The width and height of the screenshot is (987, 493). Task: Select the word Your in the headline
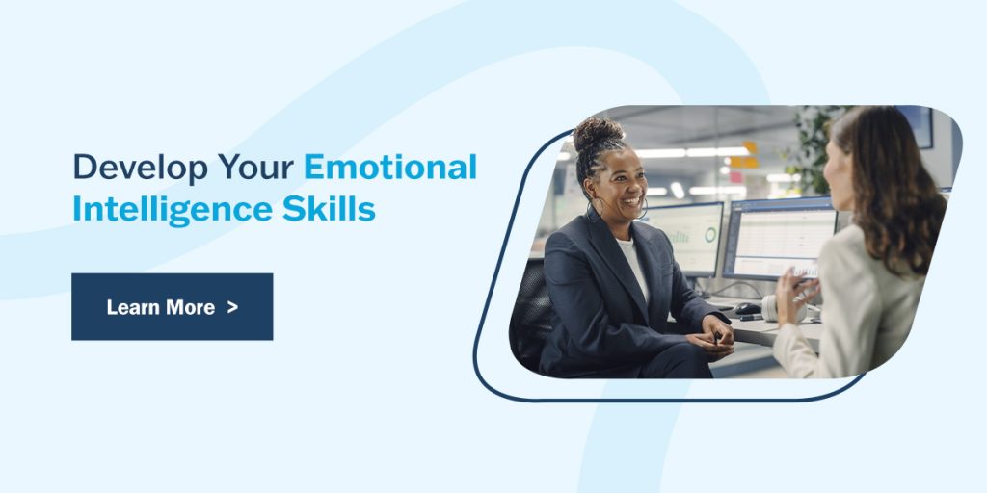click(254, 168)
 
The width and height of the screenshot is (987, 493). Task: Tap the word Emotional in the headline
click(390, 168)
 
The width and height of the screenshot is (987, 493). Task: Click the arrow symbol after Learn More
click(232, 307)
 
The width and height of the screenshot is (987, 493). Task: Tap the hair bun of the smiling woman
click(598, 133)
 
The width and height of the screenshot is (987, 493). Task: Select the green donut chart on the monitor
click(710, 235)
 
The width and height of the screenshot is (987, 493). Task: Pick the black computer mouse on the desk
click(747, 309)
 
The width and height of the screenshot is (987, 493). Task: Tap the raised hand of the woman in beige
click(795, 290)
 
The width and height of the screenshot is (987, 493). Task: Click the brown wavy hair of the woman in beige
click(906, 193)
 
